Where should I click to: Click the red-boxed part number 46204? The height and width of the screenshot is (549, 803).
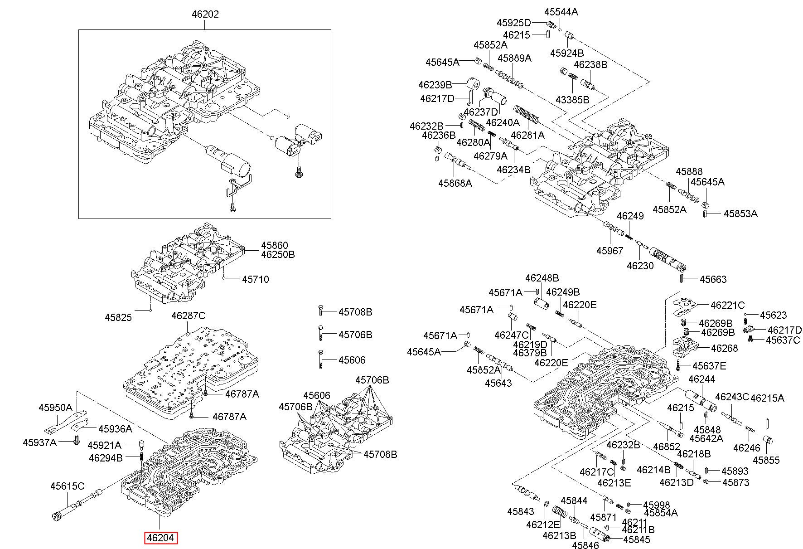click(x=161, y=538)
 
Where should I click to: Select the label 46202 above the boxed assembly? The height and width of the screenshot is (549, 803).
click(x=205, y=14)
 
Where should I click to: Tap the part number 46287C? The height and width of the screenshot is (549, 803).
click(x=188, y=316)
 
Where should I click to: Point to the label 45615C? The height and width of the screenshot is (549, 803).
click(x=67, y=486)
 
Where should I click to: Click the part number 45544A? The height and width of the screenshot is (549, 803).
click(x=561, y=12)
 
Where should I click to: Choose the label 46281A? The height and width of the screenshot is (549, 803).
click(x=527, y=135)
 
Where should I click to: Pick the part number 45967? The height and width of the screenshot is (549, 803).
click(x=610, y=251)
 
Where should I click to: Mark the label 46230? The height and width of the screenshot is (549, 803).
click(x=640, y=266)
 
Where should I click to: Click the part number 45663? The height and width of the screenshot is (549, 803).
click(x=713, y=279)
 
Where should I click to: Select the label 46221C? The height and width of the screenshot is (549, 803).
click(x=727, y=305)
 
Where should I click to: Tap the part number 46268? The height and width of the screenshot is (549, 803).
click(x=724, y=348)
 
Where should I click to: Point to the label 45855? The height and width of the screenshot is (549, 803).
click(x=766, y=460)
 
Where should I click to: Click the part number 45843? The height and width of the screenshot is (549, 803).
click(x=521, y=511)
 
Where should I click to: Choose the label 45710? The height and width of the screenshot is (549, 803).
click(x=255, y=279)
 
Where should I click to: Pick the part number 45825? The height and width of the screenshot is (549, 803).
click(x=118, y=317)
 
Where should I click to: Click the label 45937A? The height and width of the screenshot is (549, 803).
click(x=39, y=442)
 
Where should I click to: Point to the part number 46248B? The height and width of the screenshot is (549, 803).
click(x=542, y=278)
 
